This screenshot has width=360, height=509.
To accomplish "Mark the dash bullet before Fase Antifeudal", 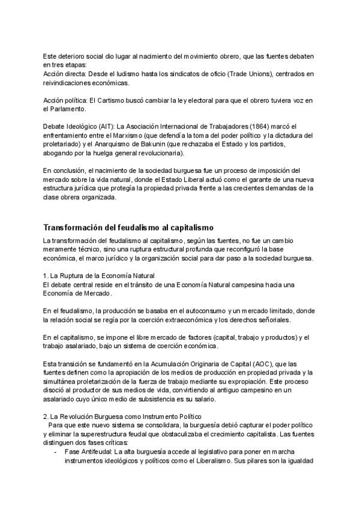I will [56, 451].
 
